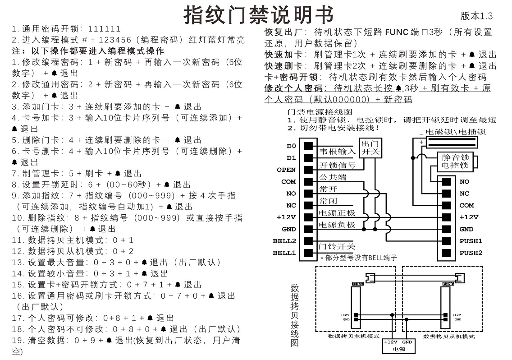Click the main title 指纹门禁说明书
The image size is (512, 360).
point(258,15)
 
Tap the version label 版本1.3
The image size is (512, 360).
point(476,16)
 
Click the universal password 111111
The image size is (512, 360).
point(105,29)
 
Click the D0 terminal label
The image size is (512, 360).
point(291,146)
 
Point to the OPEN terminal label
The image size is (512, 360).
point(286,170)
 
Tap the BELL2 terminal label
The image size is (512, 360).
point(284,241)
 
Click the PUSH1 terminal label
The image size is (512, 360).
point(471,241)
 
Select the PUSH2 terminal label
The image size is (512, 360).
point(471,253)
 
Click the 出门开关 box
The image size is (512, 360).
point(371,148)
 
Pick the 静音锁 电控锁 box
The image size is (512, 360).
point(455,162)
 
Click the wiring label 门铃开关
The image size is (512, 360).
point(337,246)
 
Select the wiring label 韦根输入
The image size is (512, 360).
point(337,152)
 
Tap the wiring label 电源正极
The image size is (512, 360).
point(337,213)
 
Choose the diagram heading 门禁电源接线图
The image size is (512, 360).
point(319,111)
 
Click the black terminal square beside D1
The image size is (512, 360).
point(308,158)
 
